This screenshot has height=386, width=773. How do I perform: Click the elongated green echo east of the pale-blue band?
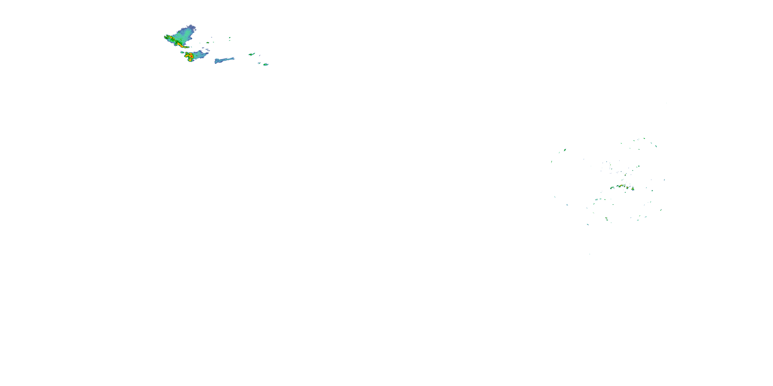click(x=251, y=54)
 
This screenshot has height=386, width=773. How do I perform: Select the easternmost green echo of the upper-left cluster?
click(x=266, y=64)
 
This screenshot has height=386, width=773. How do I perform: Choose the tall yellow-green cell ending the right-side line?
click(x=633, y=189)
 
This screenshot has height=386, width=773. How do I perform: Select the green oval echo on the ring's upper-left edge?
click(x=565, y=150)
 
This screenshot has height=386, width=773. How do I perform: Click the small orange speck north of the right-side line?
click(x=625, y=175)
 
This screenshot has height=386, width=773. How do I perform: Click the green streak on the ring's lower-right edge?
click(x=661, y=210)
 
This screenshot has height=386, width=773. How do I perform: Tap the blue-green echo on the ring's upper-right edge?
click(x=656, y=146)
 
